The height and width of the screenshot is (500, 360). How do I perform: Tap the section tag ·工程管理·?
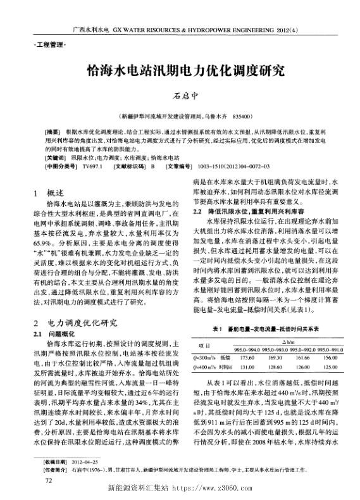coord(47,45)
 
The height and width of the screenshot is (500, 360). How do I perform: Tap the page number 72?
coord(48,481)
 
